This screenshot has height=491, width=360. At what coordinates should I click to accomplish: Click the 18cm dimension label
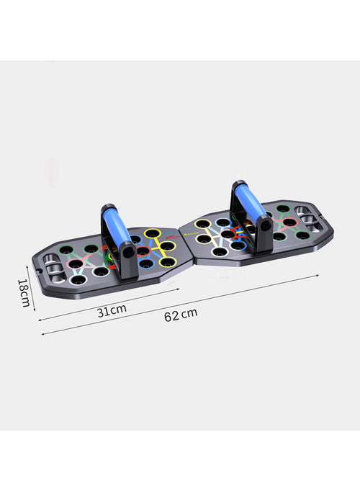(x=24, y=292)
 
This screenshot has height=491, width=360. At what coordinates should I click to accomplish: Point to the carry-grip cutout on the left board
(x=53, y=268)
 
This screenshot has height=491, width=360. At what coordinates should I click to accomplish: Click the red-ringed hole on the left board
(x=143, y=251)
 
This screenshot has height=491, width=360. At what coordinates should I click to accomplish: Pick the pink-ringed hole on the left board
(x=75, y=264)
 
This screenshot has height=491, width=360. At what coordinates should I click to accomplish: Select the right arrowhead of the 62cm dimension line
(x=317, y=276)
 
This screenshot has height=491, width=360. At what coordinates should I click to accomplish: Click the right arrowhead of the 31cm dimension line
(x=177, y=291)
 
